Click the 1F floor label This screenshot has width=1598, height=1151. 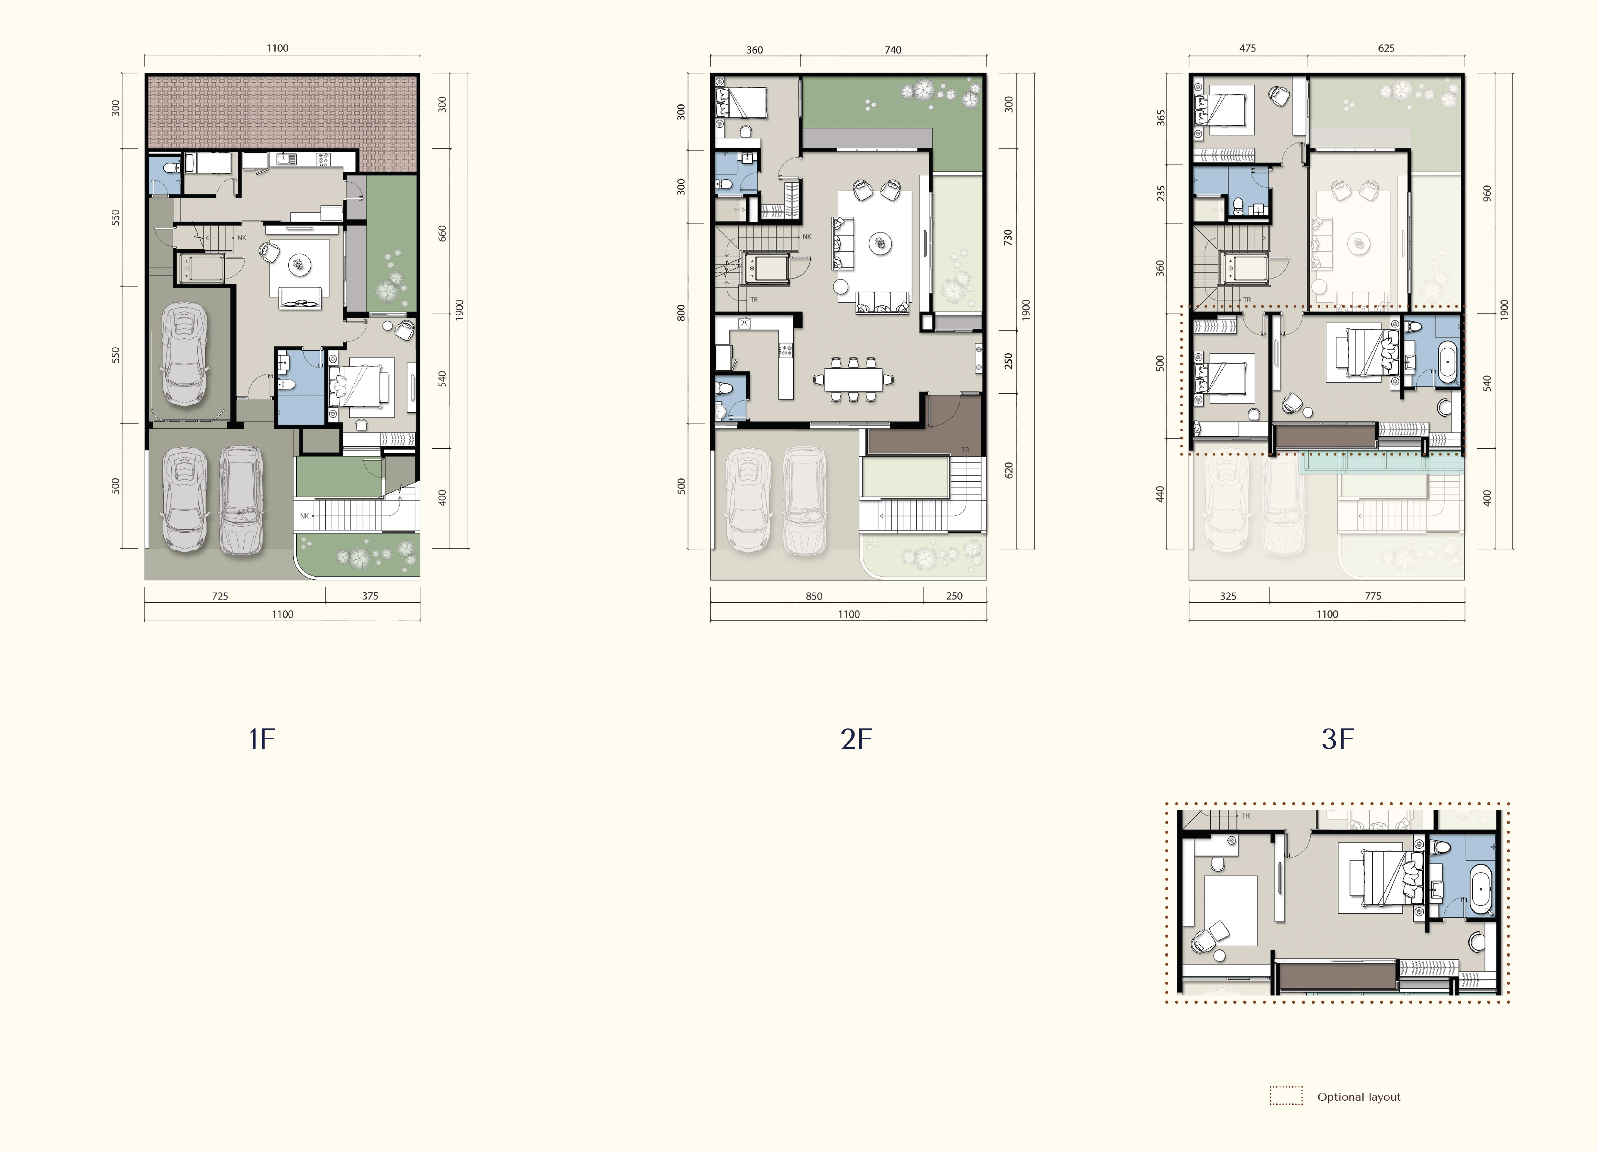point(261,739)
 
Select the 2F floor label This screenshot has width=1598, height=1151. point(856,739)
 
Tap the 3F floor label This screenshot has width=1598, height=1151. point(1337,739)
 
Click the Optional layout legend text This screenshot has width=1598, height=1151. point(1358,1097)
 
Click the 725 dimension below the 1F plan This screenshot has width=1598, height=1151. point(220,596)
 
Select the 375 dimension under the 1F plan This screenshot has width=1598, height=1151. point(370,596)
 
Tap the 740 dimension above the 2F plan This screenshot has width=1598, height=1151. point(893,49)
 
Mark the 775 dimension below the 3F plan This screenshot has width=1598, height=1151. point(1372,596)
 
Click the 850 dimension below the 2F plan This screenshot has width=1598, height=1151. point(814,596)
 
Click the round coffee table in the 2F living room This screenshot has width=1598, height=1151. point(880,243)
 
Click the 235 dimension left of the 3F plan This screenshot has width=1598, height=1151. point(1161,193)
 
